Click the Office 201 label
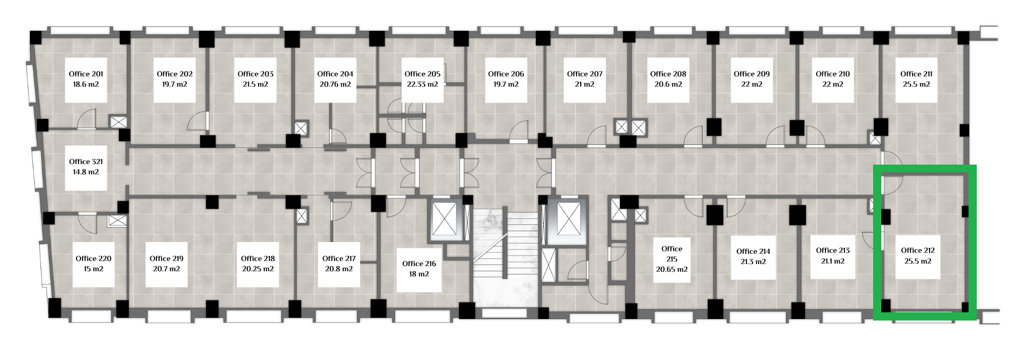pos(86,74)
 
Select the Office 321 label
pos(86,162)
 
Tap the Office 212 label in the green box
pos(918,250)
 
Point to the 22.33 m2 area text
pos(422,85)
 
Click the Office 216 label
pos(419,264)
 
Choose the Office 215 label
pos(672,254)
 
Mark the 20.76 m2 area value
pos(335,85)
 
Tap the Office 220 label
pos(93,258)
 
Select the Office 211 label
pos(916,74)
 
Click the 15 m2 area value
pos(93,269)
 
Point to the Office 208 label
pos(668,74)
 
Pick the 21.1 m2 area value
pos(833,262)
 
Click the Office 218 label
pos(258,258)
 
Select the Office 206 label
pos(506,74)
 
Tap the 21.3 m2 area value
pos(753,262)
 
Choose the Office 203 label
pos(255,74)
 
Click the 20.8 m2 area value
pos(339,269)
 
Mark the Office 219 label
pos(166,258)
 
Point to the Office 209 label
pos(752,74)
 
